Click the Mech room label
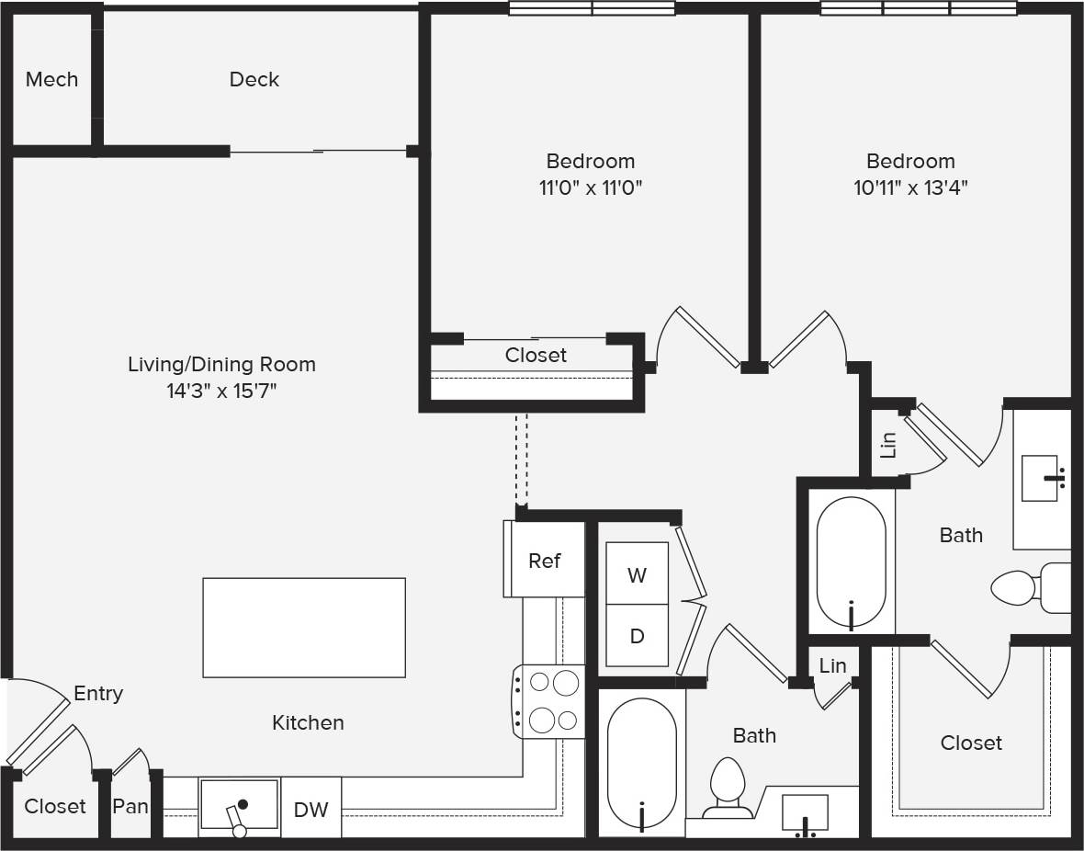pos(51,80)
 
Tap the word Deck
pos(254,80)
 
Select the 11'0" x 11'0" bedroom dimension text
pos(590,188)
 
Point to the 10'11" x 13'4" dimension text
pos(910,188)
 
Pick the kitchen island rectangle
pos(303,628)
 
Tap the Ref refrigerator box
pos(544,561)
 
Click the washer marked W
pos(637,575)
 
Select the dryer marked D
pos(637,636)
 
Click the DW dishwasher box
pos(311,810)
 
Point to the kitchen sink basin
pos(240,806)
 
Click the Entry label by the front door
pos(98,694)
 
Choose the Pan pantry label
pos(130,807)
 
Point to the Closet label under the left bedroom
pos(536,355)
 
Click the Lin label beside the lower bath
pos(832,665)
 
